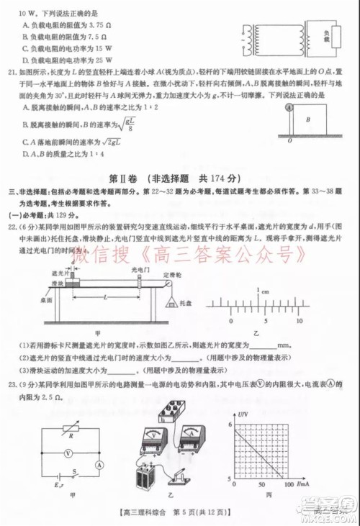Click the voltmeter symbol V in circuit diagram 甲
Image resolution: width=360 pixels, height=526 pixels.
pos(67,453)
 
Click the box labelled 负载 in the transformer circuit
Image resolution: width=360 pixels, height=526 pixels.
pos(325,37)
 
